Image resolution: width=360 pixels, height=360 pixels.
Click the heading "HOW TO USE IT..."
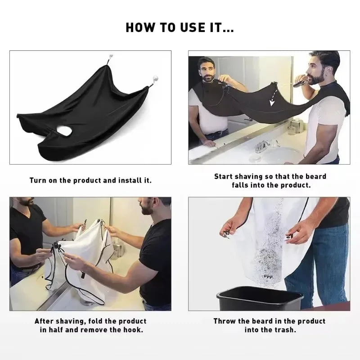click(180, 28)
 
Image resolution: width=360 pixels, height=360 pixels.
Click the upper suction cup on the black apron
click(109, 58)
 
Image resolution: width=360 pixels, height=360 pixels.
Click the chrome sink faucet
click(262, 145)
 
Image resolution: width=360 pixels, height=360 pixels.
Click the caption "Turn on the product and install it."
click(90, 180)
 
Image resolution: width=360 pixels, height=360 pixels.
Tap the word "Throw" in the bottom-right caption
click(226, 321)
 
